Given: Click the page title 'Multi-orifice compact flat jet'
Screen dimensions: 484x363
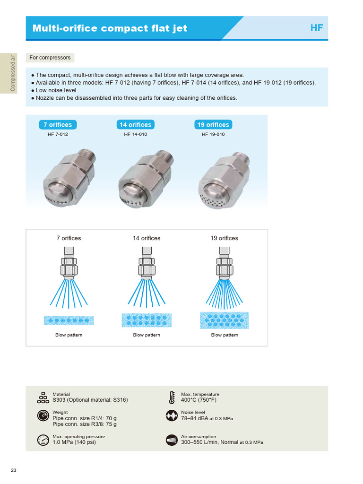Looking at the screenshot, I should click(x=110, y=28).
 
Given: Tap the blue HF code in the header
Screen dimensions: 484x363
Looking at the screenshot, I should click(x=316, y=28).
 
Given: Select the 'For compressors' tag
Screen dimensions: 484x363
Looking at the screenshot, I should click(x=50, y=58).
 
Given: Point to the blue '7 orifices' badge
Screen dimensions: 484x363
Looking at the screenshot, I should click(x=58, y=125).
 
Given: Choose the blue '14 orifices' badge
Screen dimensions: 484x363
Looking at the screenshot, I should click(x=135, y=125).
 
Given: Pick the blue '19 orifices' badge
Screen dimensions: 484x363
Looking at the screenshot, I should click(x=213, y=125).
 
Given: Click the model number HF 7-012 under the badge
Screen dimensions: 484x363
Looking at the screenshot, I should click(x=58, y=134).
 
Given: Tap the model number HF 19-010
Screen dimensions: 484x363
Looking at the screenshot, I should click(x=213, y=134).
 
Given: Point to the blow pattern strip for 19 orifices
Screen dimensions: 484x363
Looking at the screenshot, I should click(x=224, y=320).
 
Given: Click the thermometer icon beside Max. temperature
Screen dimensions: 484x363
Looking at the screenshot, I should click(x=172, y=397).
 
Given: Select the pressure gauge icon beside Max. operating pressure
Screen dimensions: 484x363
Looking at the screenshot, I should click(x=43, y=440).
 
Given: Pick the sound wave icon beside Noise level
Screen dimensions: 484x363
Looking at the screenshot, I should click(x=172, y=415).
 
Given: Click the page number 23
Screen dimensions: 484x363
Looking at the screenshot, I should click(x=13, y=470).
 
